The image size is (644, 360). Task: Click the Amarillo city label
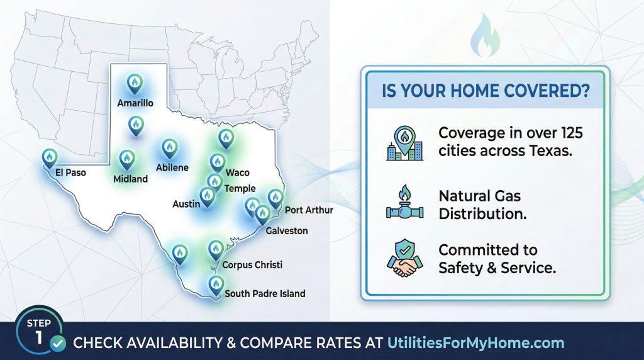coord(135,102)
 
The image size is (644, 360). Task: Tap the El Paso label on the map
coord(70,171)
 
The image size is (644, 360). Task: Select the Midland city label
coord(131,179)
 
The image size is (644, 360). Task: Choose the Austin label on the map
coord(186,204)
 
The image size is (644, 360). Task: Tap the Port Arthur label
coord(309,210)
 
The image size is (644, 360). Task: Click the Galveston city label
coord(287,231)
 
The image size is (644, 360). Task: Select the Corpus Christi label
coord(253,265)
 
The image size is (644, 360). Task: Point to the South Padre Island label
coord(265,293)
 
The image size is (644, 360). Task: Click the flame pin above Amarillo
coord(135,82)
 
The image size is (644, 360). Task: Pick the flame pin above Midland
coord(127,159)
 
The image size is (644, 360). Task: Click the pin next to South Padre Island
coord(215,284)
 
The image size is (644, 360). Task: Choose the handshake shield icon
coord(404,258)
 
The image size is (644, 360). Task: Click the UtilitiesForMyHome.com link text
coord(475,343)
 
